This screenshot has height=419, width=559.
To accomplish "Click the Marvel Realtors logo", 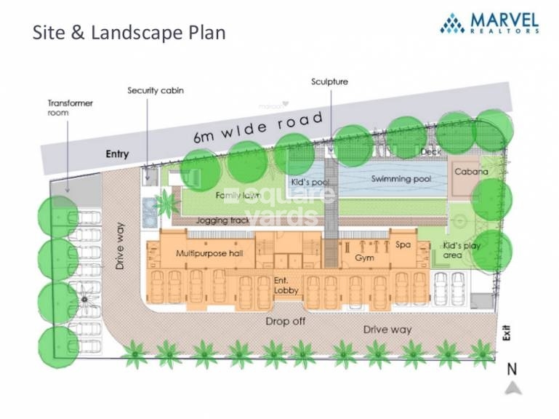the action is click(x=489, y=23).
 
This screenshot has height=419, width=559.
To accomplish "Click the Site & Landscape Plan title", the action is click(x=129, y=33).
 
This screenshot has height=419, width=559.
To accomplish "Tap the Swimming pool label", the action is click(x=401, y=178).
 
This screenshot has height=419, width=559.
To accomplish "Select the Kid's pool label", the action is click(x=310, y=182).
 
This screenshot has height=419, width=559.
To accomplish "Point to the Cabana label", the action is click(x=471, y=172).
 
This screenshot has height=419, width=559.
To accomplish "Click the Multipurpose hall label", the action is click(x=209, y=253).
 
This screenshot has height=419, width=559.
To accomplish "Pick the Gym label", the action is click(x=364, y=258).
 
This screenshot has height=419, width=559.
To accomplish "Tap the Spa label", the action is click(x=403, y=245).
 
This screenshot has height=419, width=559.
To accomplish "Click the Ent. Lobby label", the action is click(x=286, y=286).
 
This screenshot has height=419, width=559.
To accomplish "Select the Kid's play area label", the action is click(x=462, y=250).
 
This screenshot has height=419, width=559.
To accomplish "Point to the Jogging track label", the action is click(x=223, y=220).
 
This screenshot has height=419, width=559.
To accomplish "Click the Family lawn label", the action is click(x=238, y=195).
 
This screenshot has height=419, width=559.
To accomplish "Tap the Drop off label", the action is click(x=286, y=322).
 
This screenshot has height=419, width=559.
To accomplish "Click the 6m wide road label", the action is click(x=258, y=127).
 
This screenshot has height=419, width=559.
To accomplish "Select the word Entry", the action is click(x=117, y=154).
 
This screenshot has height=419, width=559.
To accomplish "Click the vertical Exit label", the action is click(x=507, y=332).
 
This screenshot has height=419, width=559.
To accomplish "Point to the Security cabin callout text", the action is click(x=156, y=91).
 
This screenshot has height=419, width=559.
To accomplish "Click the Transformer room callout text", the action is click(x=71, y=108).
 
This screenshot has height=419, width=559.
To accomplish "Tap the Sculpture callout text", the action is click(x=329, y=81).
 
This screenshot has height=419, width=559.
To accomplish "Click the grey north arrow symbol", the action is click(x=512, y=388).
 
